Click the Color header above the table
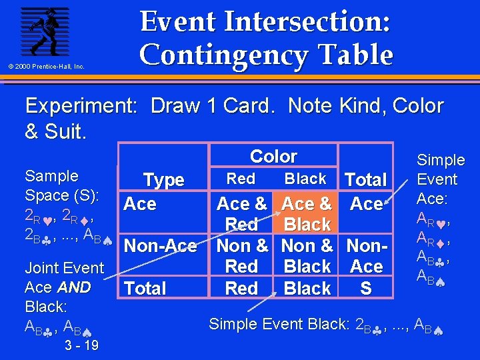point(273,157)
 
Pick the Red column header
point(241,179)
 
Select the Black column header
point(305,179)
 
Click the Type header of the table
point(163,180)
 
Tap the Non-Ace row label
point(161,246)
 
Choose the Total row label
point(145,289)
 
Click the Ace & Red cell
point(241,213)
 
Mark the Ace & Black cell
point(307,213)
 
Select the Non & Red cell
point(241,256)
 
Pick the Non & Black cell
point(307,256)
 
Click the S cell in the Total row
point(366,289)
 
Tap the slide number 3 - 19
point(82,345)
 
